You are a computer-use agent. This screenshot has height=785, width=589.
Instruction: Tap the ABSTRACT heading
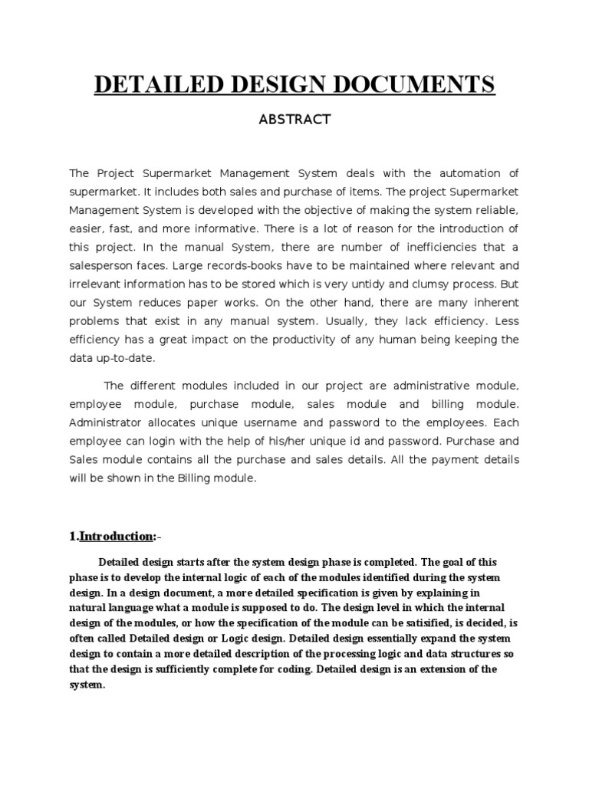click(x=294, y=120)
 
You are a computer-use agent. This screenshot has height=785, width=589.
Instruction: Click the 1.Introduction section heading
click(x=118, y=536)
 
